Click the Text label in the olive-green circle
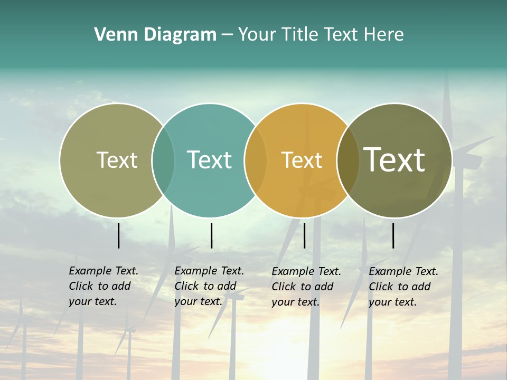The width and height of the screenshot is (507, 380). (117, 160)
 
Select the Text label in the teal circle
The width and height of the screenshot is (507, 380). (209, 160)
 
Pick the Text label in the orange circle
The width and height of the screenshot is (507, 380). (302, 160)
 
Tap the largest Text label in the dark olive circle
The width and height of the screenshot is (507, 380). (394, 159)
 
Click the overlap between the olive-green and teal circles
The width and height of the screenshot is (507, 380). (163, 160)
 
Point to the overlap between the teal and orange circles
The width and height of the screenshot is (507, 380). (256, 160)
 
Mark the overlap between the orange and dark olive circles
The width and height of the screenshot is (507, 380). (348, 160)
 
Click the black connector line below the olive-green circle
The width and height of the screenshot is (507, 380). (118, 235)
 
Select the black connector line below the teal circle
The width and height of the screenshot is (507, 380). (211, 235)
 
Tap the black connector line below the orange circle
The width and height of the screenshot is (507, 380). (304, 235)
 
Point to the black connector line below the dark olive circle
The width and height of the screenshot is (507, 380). (393, 235)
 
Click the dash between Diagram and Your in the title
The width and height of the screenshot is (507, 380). (227, 35)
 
